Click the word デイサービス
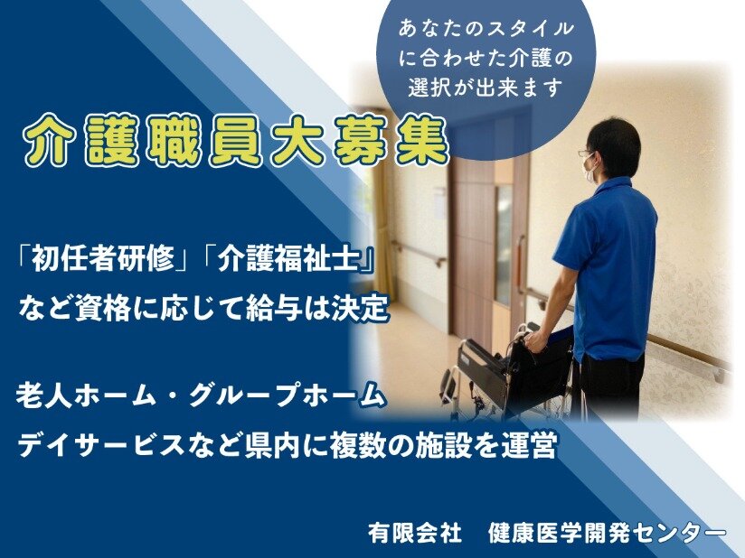[x=100, y=445]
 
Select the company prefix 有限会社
[x=414, y=533]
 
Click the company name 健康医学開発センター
[x=608, y=533]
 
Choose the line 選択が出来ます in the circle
[x=486, y=88]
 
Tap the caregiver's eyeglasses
[x=585, y=153]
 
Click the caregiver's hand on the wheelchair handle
[x=534, y=340]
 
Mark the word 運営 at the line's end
[x=528, y=445]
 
